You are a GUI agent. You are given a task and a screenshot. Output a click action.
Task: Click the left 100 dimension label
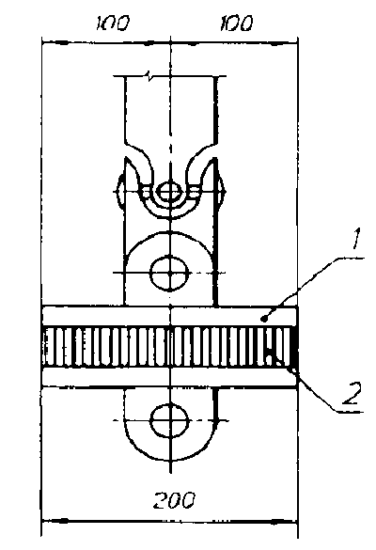112,24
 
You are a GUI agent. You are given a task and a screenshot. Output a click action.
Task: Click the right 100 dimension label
236,24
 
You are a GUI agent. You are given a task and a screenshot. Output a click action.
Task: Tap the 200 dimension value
174,500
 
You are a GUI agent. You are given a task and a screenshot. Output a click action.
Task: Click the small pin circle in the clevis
170,192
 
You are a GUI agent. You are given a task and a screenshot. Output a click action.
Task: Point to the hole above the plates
170,273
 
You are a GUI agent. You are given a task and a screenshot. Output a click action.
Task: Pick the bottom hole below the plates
170,420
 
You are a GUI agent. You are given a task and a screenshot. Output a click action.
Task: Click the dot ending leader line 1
264,319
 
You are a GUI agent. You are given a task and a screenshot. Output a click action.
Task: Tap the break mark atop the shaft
149,76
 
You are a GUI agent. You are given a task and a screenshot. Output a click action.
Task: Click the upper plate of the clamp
170,316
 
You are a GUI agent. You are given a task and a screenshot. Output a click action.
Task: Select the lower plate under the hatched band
170,377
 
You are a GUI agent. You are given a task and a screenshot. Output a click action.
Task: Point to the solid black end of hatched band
294,347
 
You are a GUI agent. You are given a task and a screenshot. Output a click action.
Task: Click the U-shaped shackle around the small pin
170,212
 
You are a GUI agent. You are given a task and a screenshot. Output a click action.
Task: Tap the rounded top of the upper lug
170,232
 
